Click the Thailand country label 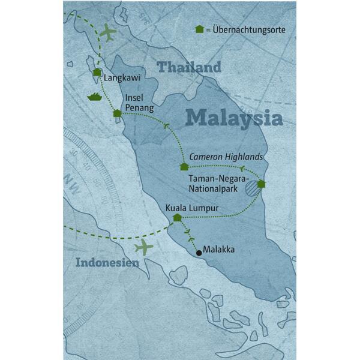[x=188, y=67]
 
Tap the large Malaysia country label [x=233, y=117]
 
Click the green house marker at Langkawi [x=97, y=73]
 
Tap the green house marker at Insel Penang [x=117, y=113]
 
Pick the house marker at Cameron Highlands [x=184, y=166]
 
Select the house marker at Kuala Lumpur [x=176, y=218]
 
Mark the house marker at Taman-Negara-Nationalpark [x=261, y=184]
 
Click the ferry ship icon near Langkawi [x=95, y=95]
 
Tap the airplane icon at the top [x=107, y=33]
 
